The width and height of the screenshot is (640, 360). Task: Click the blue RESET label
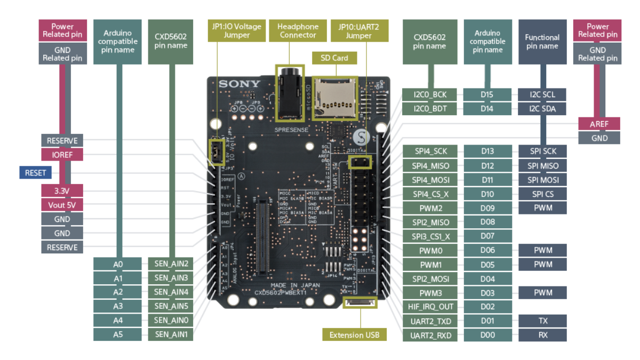36,172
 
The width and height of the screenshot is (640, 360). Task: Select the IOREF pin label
62,155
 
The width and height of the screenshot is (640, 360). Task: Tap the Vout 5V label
62,205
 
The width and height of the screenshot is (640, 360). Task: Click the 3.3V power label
62,190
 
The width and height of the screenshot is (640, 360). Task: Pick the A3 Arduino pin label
118,306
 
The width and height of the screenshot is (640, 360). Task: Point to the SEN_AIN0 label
171,321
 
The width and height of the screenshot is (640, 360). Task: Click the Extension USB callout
354,335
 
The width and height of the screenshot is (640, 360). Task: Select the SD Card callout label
334,58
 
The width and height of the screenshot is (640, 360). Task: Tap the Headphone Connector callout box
298,31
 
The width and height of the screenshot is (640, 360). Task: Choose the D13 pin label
487,151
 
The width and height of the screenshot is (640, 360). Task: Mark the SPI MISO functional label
542,166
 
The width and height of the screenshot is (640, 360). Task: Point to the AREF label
599,124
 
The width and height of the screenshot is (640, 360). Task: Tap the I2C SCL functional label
542,95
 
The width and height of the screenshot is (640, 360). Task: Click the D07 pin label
487,236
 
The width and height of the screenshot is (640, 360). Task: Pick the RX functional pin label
542,335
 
